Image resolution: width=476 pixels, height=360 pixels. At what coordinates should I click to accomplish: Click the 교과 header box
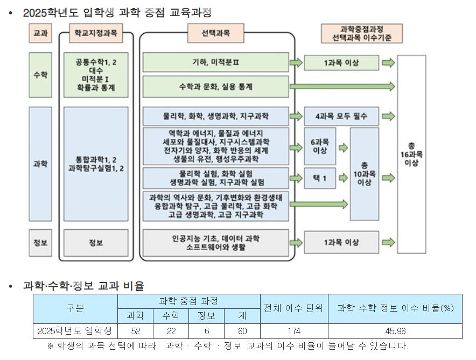(x=40, y=33)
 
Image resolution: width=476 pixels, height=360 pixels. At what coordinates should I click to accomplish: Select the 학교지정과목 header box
(x=96, y=33)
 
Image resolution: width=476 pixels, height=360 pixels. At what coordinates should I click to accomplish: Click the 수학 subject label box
(x=40, y=74)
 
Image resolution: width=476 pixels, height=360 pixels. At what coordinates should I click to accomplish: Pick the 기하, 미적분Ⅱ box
(x=215, y=62)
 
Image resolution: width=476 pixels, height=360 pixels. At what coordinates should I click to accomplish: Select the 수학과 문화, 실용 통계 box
(x=215, y=87)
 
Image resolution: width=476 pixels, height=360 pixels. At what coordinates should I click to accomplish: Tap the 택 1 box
(x=320, y=178)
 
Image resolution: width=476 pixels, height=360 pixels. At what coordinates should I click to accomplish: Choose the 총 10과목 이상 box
(x=364, y=174)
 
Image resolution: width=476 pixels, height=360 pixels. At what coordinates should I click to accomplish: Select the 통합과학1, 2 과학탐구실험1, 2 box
(x=96, y=164)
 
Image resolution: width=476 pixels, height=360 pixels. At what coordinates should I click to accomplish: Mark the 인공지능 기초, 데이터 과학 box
(x=215, y=243)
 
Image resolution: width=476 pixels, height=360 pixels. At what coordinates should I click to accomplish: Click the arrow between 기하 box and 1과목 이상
(x=296, y=63)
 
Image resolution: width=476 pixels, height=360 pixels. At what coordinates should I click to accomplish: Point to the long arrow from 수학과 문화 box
(x=342, y=87)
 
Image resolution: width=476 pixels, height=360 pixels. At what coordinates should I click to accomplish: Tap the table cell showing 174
(x=294, y=331)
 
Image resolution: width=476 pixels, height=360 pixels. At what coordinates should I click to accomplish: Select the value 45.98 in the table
(x=395, y=331)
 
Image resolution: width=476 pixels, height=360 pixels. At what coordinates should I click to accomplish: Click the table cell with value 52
(x=136, y=331)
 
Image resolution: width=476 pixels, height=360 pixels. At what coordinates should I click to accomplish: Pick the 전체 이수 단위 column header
(x=294, y=308)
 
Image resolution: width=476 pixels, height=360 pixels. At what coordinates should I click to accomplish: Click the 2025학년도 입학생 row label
(x=75, y=331)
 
